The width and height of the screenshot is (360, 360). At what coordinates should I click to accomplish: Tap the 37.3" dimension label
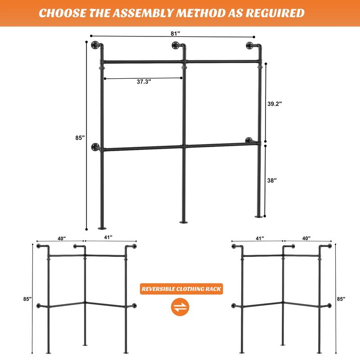point(144,82)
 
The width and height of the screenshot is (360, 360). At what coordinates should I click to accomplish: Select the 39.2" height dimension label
point(274,103)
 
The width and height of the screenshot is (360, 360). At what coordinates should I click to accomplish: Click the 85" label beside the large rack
point(80,138)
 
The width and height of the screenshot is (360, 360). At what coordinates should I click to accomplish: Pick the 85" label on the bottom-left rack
point(27,299)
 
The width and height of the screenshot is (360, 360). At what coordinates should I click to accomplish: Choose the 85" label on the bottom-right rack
point(342,298)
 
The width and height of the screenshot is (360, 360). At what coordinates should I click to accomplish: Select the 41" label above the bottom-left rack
point(108,237)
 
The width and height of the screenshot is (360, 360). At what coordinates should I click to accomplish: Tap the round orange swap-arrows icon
point(180,308)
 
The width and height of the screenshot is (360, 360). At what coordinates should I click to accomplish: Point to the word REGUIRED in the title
point(277,13)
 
